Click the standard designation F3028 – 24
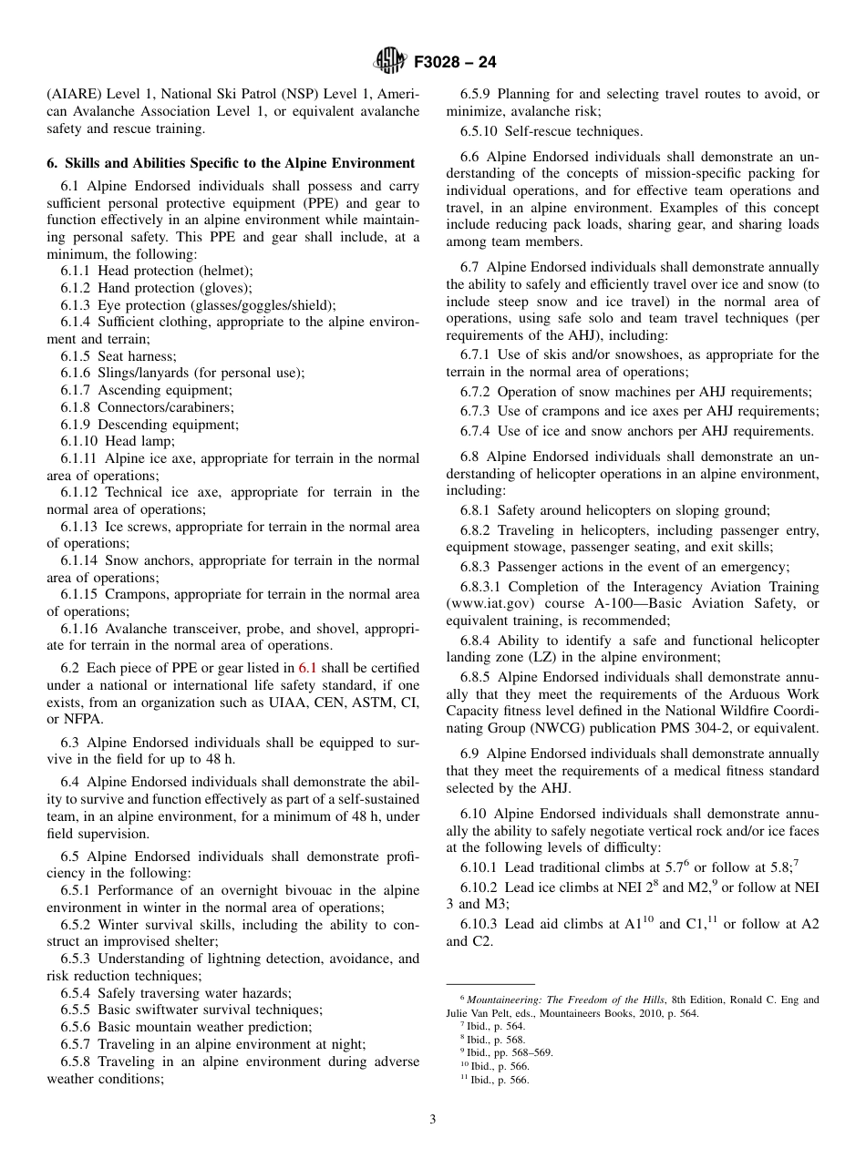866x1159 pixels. pos(454,63)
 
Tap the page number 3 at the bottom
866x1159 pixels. pos(433,1119)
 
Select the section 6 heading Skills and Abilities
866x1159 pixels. pos(231,163)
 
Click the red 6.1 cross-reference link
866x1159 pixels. pos(308,668)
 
